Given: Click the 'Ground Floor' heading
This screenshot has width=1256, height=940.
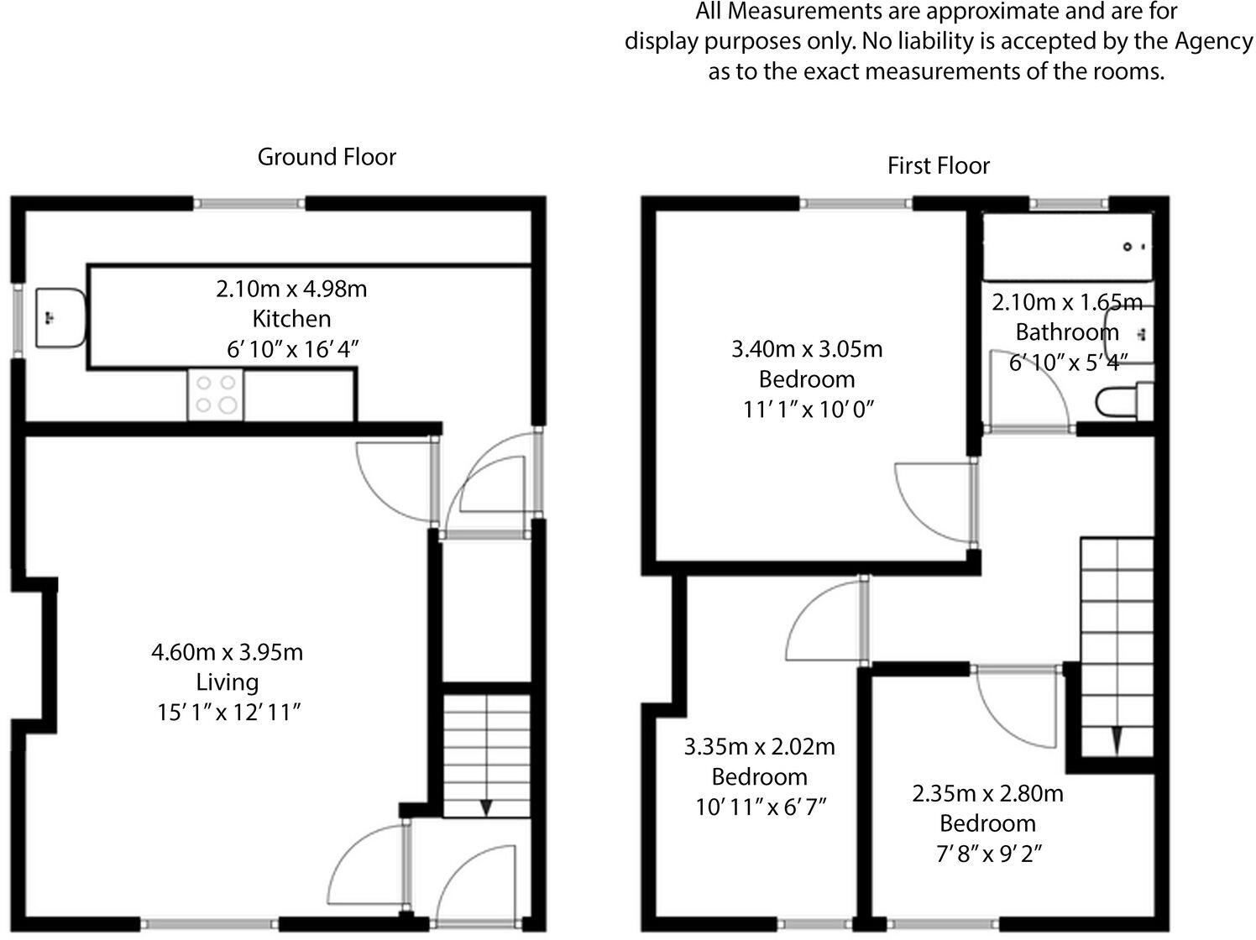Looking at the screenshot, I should (x=326, y=157).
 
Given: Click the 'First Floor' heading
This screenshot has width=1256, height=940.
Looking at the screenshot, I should (x=938, y=165).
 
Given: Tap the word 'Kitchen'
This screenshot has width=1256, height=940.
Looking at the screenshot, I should (x=291, y=319).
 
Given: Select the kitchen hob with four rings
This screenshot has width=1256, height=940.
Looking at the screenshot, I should (x=216, y=394).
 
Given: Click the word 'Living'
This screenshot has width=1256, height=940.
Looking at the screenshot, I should (x=227, y=681).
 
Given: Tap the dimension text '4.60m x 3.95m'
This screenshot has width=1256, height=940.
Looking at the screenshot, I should (x=227, y=651).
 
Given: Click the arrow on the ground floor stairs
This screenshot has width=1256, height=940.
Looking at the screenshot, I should (x=486, y=807).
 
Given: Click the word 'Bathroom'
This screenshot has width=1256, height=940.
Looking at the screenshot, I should (x=1066, y=332).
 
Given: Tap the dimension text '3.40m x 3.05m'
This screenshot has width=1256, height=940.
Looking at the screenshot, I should (x=807, y=348).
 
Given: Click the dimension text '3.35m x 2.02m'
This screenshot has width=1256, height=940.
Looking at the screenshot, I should (x=760, y=746).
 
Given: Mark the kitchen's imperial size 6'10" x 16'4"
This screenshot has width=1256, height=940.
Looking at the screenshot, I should (x=292, y=349).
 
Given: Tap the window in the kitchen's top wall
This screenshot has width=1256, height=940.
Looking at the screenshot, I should (x=249, y=203).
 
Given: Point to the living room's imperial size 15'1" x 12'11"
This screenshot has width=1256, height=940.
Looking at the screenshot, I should (x=228, y=713).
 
